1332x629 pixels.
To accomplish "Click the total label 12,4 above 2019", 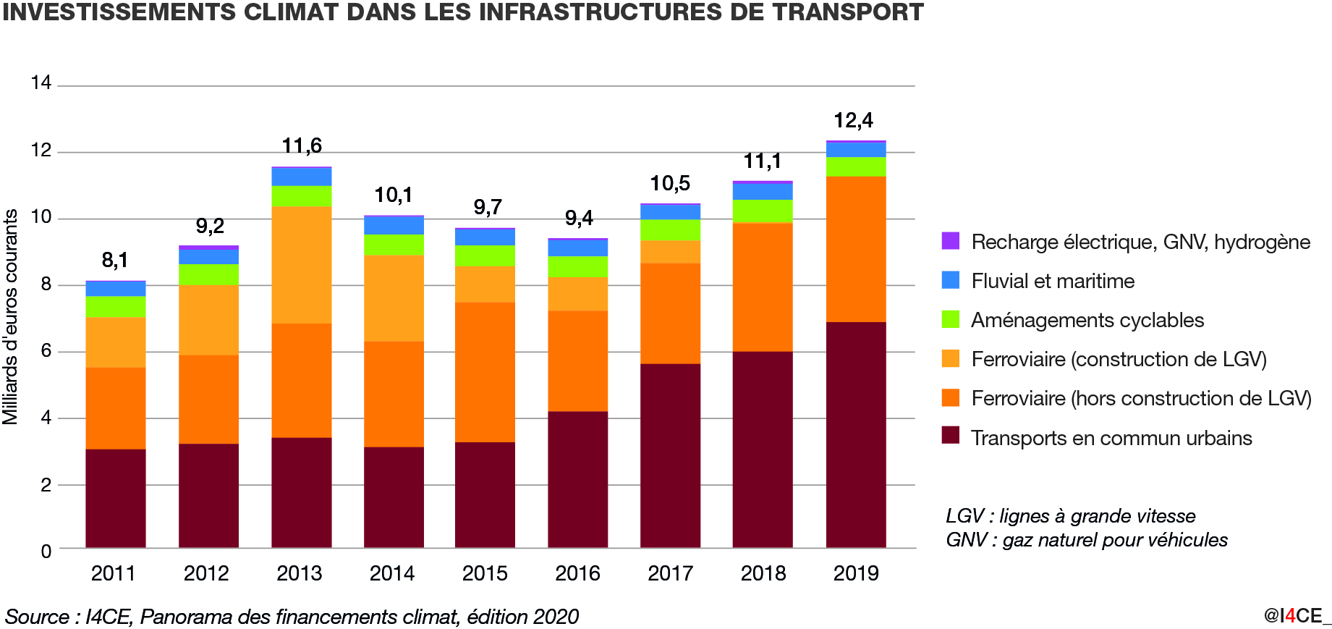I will [x=853, y=120].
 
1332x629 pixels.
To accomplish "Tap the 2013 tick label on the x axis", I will [x=299, y=573].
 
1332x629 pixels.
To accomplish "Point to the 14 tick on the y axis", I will [x=41, y=83].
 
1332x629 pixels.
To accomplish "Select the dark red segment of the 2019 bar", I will [x=856, y=434].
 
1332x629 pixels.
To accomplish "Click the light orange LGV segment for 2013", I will [x=301, y=265].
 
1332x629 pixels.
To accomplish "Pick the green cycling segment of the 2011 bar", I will [x=116, y=307].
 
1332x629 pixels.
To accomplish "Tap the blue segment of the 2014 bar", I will [x=394, y=225].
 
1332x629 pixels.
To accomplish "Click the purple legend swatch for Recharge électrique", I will [x=951, y=241].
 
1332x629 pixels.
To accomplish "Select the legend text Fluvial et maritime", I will [x=1053, y=281].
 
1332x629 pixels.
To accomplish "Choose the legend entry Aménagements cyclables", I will [x=1087, y=320].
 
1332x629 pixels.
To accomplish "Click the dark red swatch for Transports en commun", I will [x=951, y=436].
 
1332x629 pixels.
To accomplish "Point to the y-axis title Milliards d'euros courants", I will [x=10, y=316].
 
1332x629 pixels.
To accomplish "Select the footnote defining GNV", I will [x=1086, y=540].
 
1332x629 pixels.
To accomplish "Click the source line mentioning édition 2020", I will [x=292, y=617].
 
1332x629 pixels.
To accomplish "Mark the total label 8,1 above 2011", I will [x=115, y=260].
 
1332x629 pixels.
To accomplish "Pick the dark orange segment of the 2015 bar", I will [x=485, y=372].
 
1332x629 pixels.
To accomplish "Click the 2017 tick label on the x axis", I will [x=670, y=573].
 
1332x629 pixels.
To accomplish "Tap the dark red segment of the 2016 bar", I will [x=577, y=479].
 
